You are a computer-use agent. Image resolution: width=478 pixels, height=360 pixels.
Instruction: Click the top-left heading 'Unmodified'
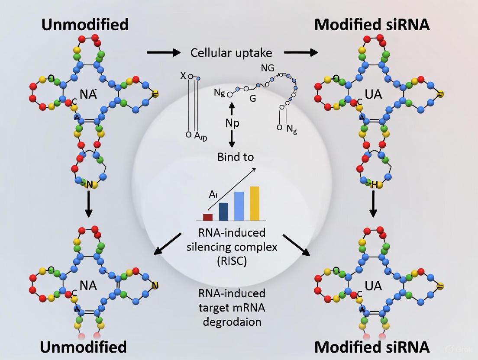[x=85, y=25]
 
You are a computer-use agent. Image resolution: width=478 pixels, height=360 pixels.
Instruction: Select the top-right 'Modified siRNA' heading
[x=372, y=25]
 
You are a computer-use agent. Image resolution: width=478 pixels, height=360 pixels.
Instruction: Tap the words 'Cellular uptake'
[x=231, y=53]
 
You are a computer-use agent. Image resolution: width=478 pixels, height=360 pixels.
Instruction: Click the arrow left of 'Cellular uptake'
[x=163, y=53]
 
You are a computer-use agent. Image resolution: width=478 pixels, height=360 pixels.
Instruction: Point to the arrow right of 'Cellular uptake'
[x=301, y=53]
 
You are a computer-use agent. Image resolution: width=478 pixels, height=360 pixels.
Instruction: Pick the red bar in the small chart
[x=208, y=217]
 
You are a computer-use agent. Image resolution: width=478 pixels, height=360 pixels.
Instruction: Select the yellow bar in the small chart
[x=255, y=203]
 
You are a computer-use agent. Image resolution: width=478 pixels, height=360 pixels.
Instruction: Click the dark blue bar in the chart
[x=223, y=212]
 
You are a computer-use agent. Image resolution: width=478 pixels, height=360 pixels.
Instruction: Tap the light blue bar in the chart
[x=239, y=206]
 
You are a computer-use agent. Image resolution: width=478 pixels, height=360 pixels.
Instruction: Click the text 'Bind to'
[x=236, y=157]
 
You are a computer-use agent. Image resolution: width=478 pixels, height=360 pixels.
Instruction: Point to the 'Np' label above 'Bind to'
[x=232, y=123]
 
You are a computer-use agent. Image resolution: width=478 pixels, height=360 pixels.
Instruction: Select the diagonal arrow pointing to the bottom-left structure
[x=168, y=244]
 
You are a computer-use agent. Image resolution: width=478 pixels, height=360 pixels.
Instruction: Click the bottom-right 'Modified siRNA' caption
[x=372, y=347]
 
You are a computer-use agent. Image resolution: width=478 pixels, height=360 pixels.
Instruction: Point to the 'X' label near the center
[x=183, y=76]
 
